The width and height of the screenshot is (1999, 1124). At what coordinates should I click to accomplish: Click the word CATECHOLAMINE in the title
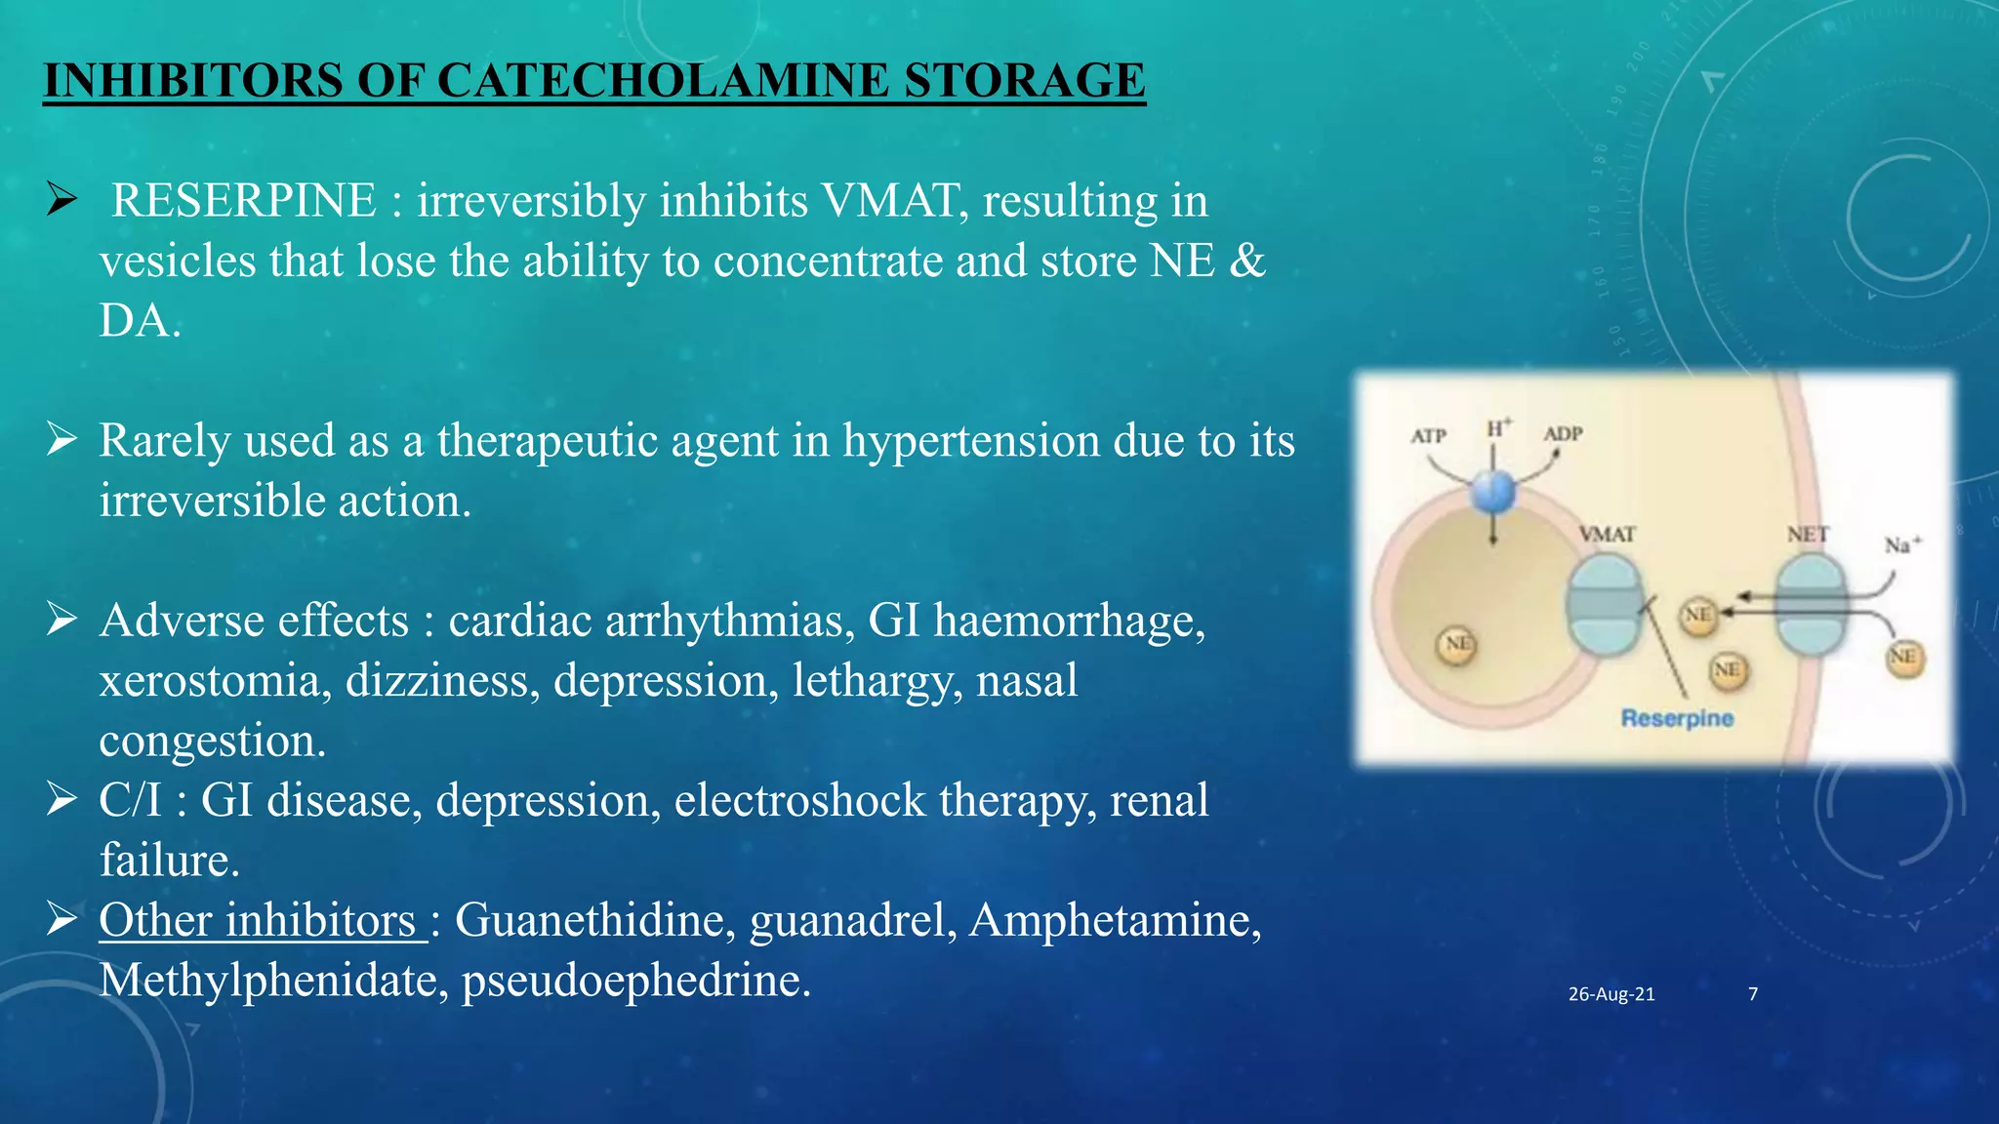pyautogui.click(x=663, y=80)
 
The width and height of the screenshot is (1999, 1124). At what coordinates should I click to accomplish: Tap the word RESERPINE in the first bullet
pyautogui.click(x=244, y=201)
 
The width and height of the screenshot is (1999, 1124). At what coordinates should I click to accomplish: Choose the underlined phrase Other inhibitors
pyautogui.click(x=260, y=921)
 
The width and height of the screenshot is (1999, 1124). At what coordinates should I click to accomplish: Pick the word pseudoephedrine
pyautogui.click(x=635, y=981)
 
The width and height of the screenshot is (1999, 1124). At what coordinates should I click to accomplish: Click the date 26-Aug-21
pyautogui.click(x=1611, y=994)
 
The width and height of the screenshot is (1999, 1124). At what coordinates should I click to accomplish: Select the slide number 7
pyautogui.click(x=1753, y=994)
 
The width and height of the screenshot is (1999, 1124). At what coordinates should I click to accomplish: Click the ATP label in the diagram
pyautogui.click(x=1428, y=436)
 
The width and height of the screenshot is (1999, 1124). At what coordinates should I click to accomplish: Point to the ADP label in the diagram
pyautogui.click(x=1563, y=433)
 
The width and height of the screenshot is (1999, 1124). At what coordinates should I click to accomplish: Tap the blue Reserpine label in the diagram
pyautogui.click(x=1677, y=718)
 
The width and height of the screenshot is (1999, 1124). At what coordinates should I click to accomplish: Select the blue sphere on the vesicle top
pyautogui.click(x=1493, y=491)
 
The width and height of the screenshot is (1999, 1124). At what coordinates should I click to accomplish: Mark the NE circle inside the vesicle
pyautogui.click(x=1457, y=645)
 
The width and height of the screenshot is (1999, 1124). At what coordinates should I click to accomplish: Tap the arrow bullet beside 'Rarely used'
pyautogui.click(x=61, y=441)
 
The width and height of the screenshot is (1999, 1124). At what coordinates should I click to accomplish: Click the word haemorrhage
pyautogui.click(x=1069, y=622)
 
